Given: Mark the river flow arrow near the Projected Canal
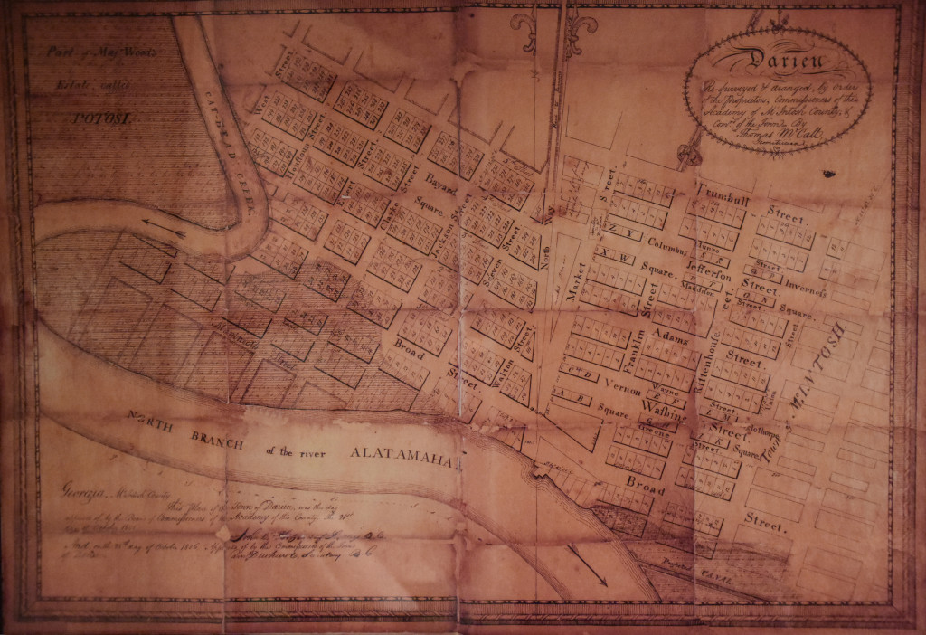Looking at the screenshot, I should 587,565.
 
